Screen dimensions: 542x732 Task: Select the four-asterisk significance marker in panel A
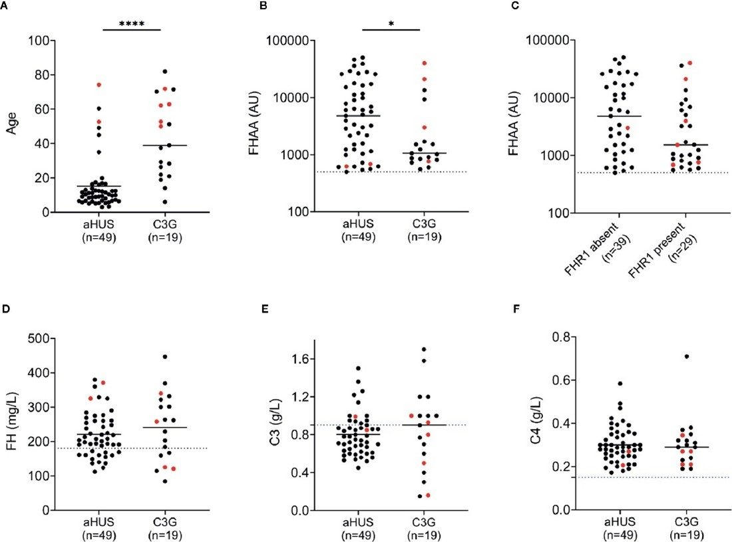(x=132, y=24)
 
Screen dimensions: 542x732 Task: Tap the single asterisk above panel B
(x=392, y=24)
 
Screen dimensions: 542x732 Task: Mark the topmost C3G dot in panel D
(x=164, y=356)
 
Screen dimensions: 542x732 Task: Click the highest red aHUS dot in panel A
(x=98, y=84)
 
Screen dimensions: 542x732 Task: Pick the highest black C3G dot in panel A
(x=164, y=72)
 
